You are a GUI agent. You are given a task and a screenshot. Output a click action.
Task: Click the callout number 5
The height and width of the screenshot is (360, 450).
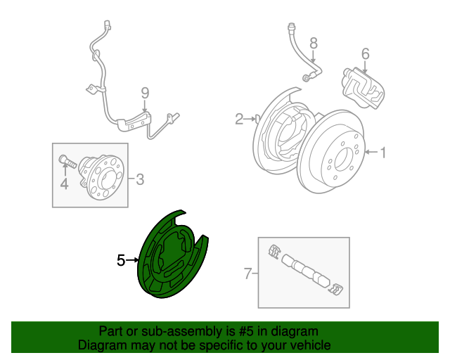(121, 260)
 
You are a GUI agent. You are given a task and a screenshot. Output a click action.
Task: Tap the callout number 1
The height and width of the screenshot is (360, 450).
(383, 153)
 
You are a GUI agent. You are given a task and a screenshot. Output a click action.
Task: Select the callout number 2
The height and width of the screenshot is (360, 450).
(239, 119)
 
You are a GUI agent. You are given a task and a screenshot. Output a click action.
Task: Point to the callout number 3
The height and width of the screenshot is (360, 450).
(139, 179)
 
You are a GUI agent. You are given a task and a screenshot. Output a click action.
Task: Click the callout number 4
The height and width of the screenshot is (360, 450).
(65, 184)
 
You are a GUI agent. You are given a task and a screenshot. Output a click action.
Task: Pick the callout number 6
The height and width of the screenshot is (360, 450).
(365, 53)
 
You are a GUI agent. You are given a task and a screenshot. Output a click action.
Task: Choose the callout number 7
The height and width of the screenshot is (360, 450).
(247, 274)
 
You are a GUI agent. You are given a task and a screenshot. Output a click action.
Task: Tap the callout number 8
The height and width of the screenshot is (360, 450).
(314, 43)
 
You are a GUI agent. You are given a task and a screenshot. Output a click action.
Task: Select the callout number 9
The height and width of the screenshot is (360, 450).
(146, 94)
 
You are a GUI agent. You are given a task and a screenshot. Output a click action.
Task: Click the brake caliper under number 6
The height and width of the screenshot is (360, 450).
(363, 88)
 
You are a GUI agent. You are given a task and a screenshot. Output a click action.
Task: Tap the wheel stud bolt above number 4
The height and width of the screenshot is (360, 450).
(67, 162)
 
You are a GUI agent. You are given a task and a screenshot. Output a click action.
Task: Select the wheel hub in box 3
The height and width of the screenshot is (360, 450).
(102, 177)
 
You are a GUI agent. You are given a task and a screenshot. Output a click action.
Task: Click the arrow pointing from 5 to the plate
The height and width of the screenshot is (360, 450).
(132, 260)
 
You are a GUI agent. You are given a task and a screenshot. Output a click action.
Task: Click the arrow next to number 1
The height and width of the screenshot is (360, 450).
(372, 152)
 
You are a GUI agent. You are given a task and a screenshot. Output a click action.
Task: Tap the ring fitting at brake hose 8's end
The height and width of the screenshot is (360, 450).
(307, 78)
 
